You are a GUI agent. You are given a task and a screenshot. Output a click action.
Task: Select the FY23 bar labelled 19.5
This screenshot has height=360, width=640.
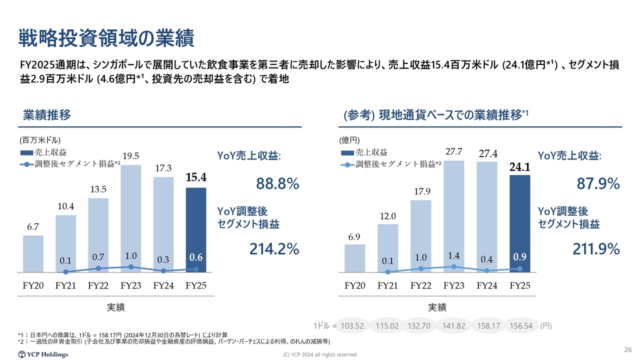click(130, 215)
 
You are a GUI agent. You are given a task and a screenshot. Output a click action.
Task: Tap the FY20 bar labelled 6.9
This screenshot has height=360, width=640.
click(354, 258)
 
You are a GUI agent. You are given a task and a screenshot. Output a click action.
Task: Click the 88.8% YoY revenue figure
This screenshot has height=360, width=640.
click(277, 184)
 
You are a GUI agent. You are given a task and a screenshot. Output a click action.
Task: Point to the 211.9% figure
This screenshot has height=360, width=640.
click(598, 248)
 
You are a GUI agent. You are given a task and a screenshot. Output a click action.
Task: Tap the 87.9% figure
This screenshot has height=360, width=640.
click(598, 184)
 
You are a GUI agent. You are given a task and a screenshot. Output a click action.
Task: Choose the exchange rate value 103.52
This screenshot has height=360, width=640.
click(351, 325)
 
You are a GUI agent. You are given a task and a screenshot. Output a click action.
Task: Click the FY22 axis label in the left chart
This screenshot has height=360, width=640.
click(98, 286)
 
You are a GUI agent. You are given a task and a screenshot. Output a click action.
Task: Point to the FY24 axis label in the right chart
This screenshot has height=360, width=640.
click(487, 286)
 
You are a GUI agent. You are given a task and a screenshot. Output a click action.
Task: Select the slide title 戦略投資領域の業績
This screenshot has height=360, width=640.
click(106, 37)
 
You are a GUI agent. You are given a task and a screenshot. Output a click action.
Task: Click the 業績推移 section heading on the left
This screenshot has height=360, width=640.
click(47, 115)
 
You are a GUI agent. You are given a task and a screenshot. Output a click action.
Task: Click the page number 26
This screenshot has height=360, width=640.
click(628, 349)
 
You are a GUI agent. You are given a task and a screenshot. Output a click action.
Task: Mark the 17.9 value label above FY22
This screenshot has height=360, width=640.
click(421, 191)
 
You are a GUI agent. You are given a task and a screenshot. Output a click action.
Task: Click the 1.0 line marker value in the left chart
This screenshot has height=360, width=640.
click(131, 256)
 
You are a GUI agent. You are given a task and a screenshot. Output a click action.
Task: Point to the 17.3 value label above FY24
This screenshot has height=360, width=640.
click(163, 168)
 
